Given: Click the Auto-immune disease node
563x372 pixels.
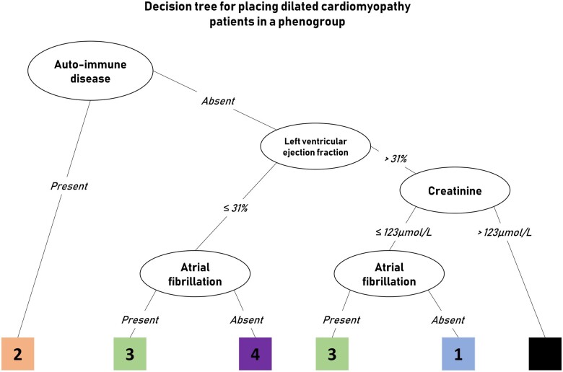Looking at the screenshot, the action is click(90, 71).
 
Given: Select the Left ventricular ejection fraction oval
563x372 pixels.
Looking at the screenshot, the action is click(315, 146).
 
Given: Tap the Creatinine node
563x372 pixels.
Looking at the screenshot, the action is click(455, 190).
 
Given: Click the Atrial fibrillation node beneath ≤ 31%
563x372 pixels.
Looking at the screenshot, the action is click(195, 274).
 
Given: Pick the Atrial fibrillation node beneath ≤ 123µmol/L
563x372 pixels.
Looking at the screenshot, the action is click(389, 274).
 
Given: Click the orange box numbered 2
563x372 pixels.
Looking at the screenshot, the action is click(17, 354).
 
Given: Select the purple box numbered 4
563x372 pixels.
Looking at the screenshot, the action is click(256, 354).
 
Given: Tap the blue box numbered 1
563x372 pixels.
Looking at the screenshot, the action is click(458, 354).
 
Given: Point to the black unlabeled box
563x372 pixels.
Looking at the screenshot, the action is click(545, 354).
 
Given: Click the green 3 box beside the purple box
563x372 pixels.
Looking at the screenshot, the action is click(130, 354).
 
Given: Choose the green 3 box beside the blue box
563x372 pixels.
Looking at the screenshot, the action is click(332, 354).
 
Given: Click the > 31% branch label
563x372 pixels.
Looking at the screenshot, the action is click(396, 159).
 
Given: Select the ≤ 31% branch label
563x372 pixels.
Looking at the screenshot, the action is click(235, 208).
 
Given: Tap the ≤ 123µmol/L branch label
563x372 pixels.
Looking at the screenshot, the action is click(403, 232).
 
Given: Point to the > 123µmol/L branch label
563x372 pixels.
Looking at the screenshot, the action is click(505, 232).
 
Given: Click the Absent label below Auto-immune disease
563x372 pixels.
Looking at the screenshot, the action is click(218, 101).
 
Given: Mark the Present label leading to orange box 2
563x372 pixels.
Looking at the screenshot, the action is click(69, 186).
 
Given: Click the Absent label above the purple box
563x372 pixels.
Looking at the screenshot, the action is click(247, 319).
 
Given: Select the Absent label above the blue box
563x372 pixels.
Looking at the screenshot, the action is click(448, 319).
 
